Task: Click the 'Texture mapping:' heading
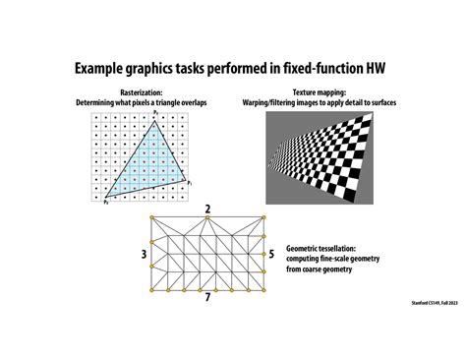tap(323, 92)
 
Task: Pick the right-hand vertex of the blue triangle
tap(186, 180)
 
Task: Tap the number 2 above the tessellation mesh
tap(207, 210)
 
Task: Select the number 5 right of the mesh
tap(270, 254)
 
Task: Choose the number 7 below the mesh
tap(206, 297)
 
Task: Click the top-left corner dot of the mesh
tap(150, 217)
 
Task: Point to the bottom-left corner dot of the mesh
tap(150, 291)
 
